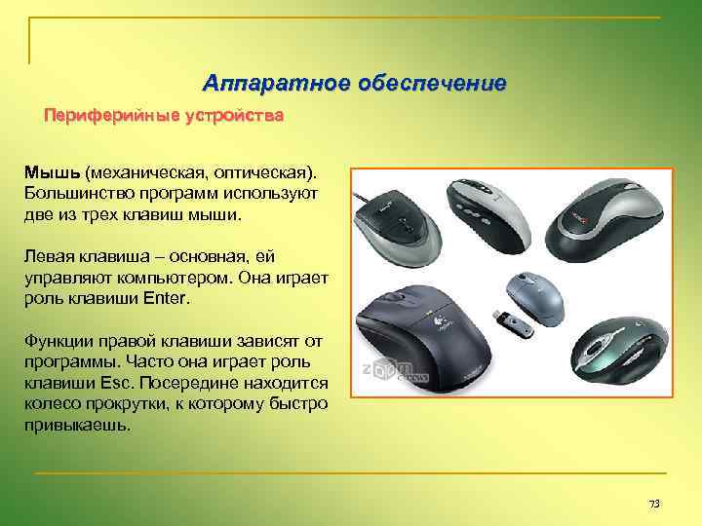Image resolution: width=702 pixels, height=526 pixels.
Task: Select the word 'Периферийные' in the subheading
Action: pos(106,116)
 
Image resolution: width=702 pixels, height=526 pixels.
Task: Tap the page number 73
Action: pos(654,504)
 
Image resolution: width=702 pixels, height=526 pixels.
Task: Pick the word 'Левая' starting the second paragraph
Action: pos(48,256)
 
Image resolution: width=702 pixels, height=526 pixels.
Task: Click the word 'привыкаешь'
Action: pos(76,426)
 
